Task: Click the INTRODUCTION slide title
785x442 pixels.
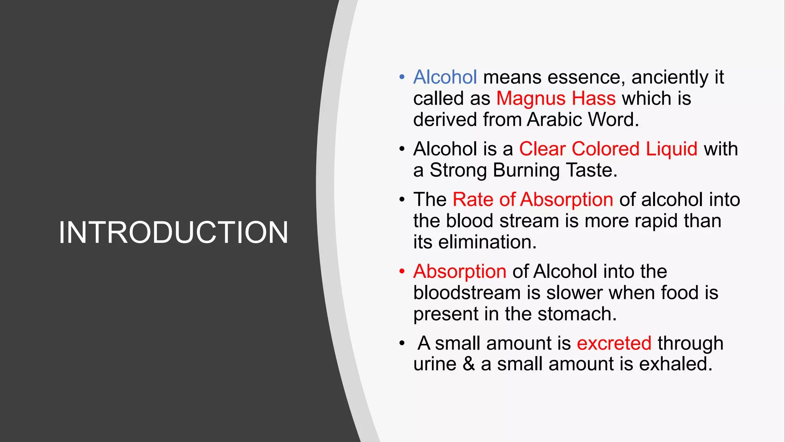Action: tap(173, 233)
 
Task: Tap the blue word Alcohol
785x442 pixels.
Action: tap(445, 77)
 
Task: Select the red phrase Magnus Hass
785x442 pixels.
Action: tap(556, 99)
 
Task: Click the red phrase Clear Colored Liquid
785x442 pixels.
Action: tap(608, 149)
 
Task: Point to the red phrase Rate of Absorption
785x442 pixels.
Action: tap(533, 200)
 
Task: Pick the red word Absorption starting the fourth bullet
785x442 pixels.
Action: tap(460, 271)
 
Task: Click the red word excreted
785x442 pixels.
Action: tap(614, 343)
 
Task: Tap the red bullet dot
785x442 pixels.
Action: tap(402, 271)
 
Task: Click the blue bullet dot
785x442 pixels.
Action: tap(402, 77)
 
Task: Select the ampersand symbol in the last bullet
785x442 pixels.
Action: tap(469, 364)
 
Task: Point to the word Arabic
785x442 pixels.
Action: tap(555, 120)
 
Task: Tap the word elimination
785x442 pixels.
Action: tap(487, 242)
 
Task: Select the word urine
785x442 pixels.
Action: tap(435, 364)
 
